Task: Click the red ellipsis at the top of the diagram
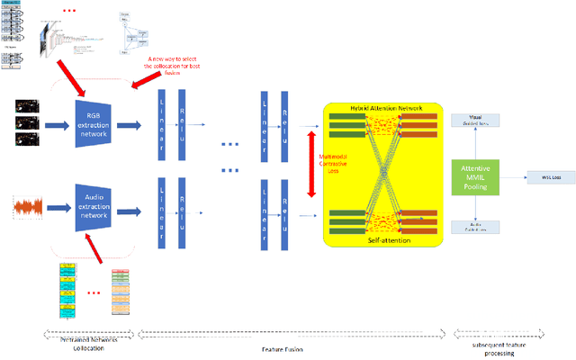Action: [x=75, y=11]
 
